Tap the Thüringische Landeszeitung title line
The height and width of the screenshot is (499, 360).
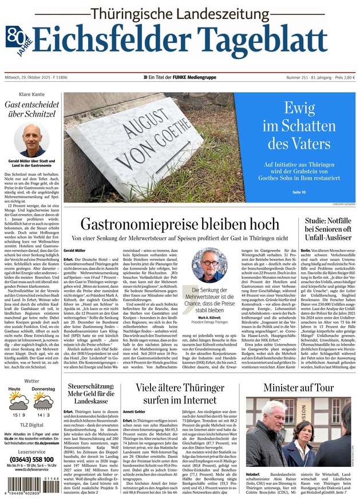pos(179,13)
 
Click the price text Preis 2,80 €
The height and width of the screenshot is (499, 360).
pos(342,77)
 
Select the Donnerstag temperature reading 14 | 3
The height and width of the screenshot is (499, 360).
pos(43,414)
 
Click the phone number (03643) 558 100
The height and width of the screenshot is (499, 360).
pos(31,460)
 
